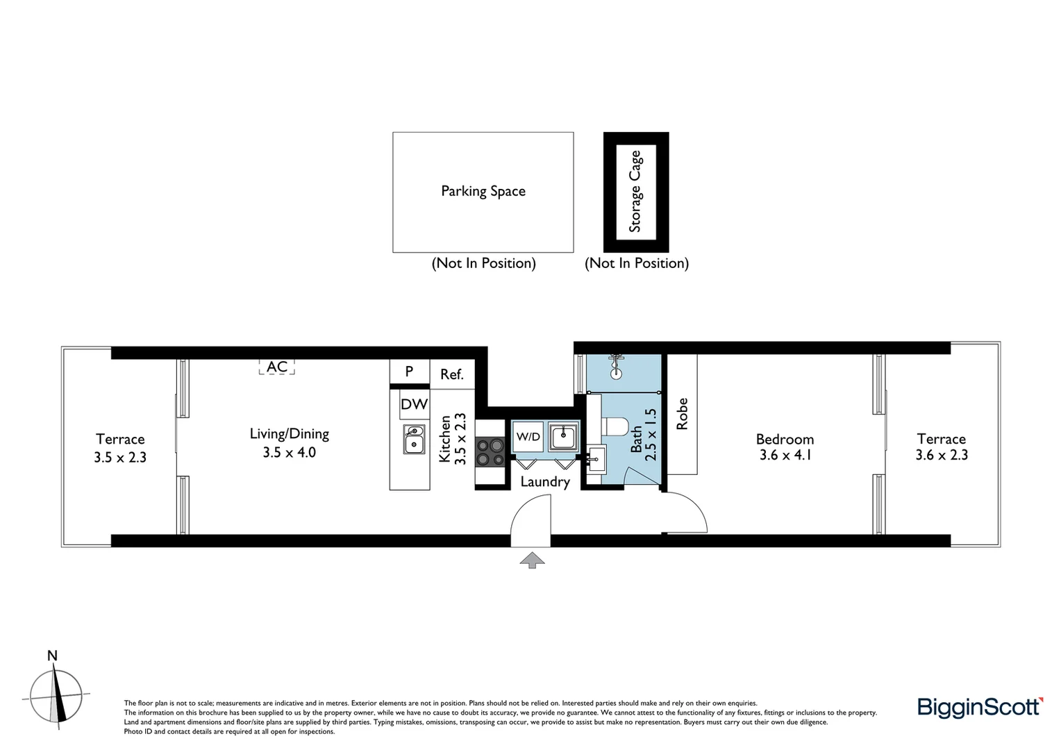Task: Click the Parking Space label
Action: pyautogui.click(x=483, y=191)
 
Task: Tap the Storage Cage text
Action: pyautogui.click(x=635, y=192)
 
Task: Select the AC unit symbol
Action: pyautogui.click(x=277, y=367)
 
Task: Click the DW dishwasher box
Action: pyautogui.click(x=414, y=404)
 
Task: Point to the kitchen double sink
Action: pyautogui.click(x=414, y=439)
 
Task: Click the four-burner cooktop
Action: pyautogui.click(x=490, y=453)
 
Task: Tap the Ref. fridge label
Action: pyautogui.click(x=451, y=374)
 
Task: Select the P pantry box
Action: pyautogui.click(x=409, y=372)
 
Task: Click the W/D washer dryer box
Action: pyautogui.click(x=528, y=437)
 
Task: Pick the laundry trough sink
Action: pyautogui.click(x=562, y=437)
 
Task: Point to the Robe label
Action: pyautogui.click(x=682, y=414)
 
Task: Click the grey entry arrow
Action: pyautogui.click(x=532, y=560)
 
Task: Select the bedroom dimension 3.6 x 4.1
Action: pyautogui.click(x=785, y=456)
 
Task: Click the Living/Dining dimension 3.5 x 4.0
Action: pyautogui.click(x=289, y=453)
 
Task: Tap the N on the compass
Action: pyautogui.click(x=52, y=656)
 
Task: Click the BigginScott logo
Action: pyautogui.click(x=980, y=707)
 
